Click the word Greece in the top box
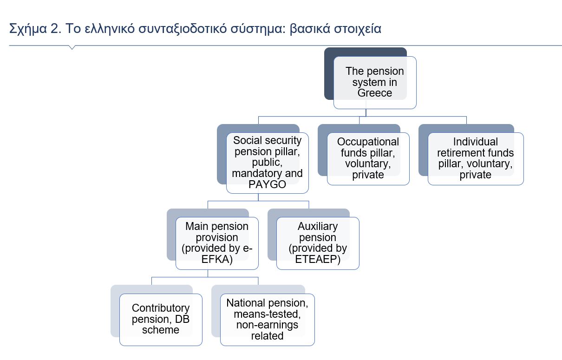pos(374,93)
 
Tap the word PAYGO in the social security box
pos(267,184)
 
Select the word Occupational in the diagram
pos(368,142)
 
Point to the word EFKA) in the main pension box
pos(217,259)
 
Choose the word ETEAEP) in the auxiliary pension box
pos(318,259)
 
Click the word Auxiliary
pos(318,227)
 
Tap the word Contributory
pos(161,308)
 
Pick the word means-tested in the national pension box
pos(267,314)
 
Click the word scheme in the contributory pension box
pos(161,330)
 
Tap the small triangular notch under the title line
pos(72,47)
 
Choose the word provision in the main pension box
pos(217,237)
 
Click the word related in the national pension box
pos(267,336)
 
